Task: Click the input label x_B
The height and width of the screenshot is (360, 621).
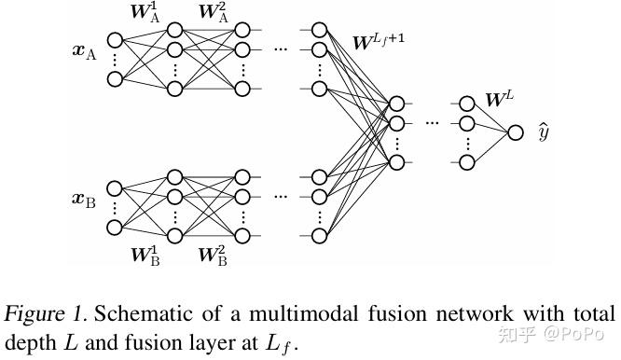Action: [x=85, y=199]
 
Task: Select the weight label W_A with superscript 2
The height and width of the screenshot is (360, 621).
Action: [x=214, y=14]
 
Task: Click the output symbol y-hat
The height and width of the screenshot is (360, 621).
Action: [x=544, y=132]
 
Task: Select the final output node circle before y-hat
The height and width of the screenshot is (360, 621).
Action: [x=516, y=132]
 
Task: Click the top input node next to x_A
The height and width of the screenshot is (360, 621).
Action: [x=116, y=40]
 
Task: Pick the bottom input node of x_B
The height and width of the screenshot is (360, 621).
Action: [x=116, y=227]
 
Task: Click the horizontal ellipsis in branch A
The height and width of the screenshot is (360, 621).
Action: [x=281, y=48]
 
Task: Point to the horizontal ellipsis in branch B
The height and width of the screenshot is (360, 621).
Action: [x=281, y=197]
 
